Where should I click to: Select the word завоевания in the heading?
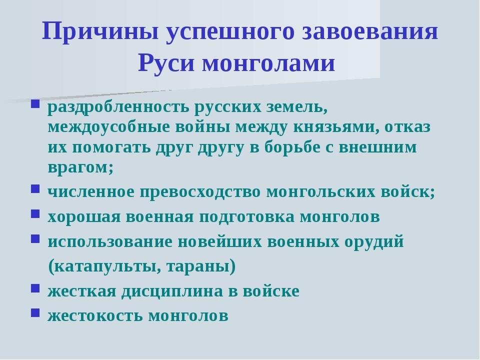pyautogui.click(x=370, y=31)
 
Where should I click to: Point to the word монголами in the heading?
pyautogui.click(x=268, y=63)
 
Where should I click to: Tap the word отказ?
pyautogui.click(x=407, y=126)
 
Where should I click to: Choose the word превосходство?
pyautogui.click(x=200, y=192)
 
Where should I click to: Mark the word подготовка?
pyautogui.click(x=246, y=217)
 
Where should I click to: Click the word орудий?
pyautogui.click(x=374, y=242)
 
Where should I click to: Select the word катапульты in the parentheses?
pyautogui.click(x=104, y=267)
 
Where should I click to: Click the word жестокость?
pyautogui.click(x=95, y=316)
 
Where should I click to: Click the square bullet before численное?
pyautogui.click(x=35, y=188)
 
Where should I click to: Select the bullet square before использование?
pyautogui.click(x=35, y=238)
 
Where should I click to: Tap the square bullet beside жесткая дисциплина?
pyautogui.click(x=35, y=288)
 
